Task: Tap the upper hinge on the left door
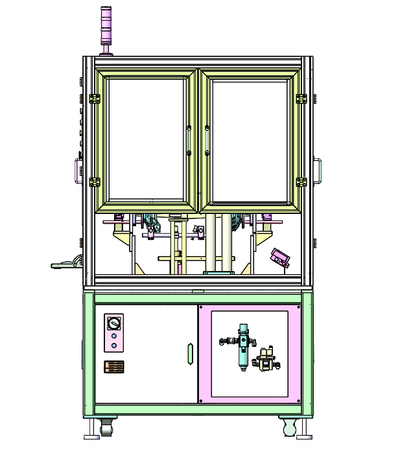[x=94, y=99]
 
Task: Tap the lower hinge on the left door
[x=94, y=182]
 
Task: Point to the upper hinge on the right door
[x=301, y=99]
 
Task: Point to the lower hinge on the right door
[x=301, y=182]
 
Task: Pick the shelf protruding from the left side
[x=65, y=264]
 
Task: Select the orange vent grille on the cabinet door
[x=114, y=367]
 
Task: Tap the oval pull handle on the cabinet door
[x=189, y=354]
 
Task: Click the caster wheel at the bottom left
[x=106, y=428]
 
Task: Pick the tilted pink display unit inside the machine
[x=281, y=257]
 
